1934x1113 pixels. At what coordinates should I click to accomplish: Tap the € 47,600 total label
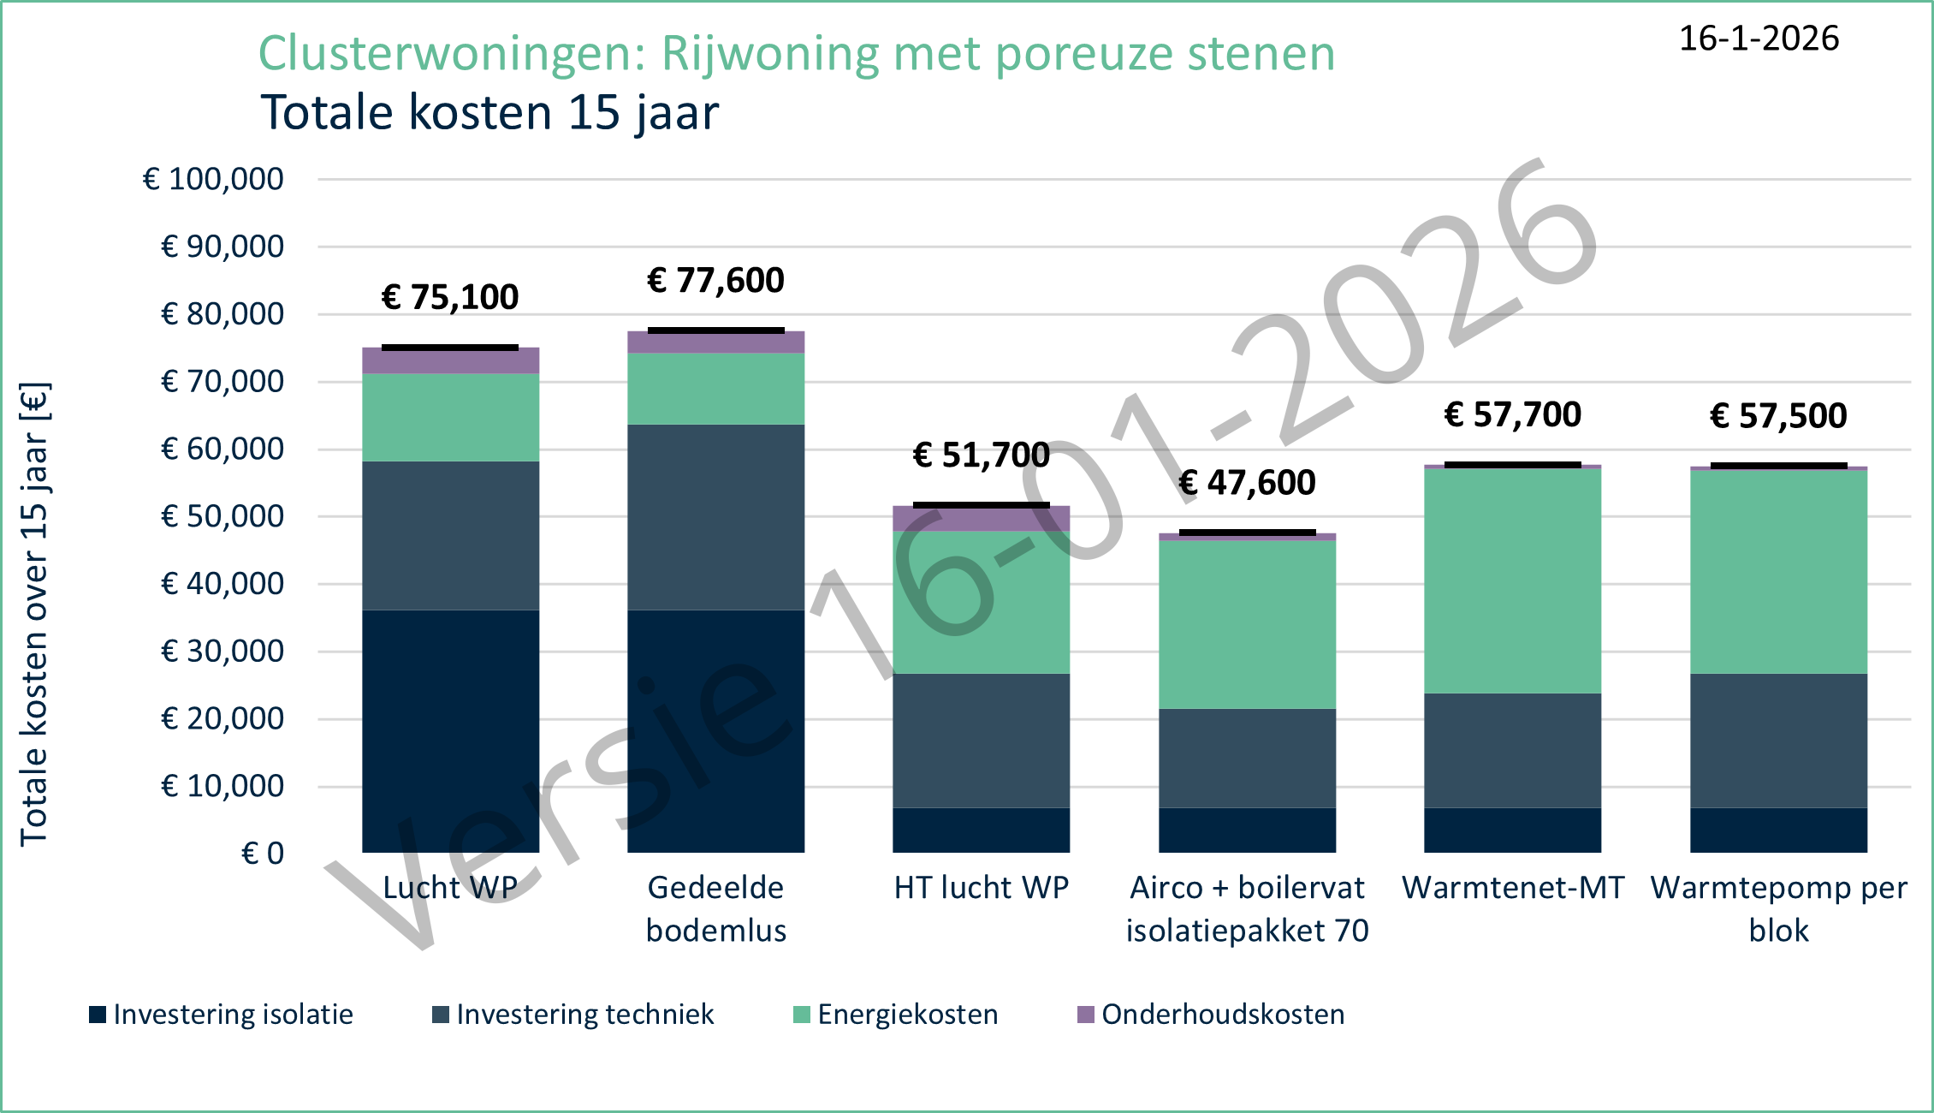pos(1247,484)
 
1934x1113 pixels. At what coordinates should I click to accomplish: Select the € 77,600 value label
pos(715,281)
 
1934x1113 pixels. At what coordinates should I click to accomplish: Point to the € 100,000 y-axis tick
pos(213,180)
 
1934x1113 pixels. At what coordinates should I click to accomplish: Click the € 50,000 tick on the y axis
pos(222,517)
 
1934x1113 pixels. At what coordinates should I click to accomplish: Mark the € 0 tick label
pos(262,854)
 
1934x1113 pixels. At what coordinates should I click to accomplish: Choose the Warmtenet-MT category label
pos(1512,888)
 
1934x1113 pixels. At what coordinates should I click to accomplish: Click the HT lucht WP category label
pos(981,888)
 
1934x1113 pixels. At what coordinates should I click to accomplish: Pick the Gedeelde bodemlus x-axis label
pos(715,908)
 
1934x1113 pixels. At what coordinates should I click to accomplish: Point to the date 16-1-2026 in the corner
pos(1759,39)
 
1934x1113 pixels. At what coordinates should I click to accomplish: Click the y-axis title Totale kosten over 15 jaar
pos(34,614)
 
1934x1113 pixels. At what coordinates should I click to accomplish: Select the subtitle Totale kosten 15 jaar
pos(489,113)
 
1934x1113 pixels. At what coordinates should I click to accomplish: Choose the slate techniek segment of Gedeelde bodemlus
pos(715,517)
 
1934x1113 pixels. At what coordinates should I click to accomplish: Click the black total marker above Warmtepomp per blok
pos(1778,466)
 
